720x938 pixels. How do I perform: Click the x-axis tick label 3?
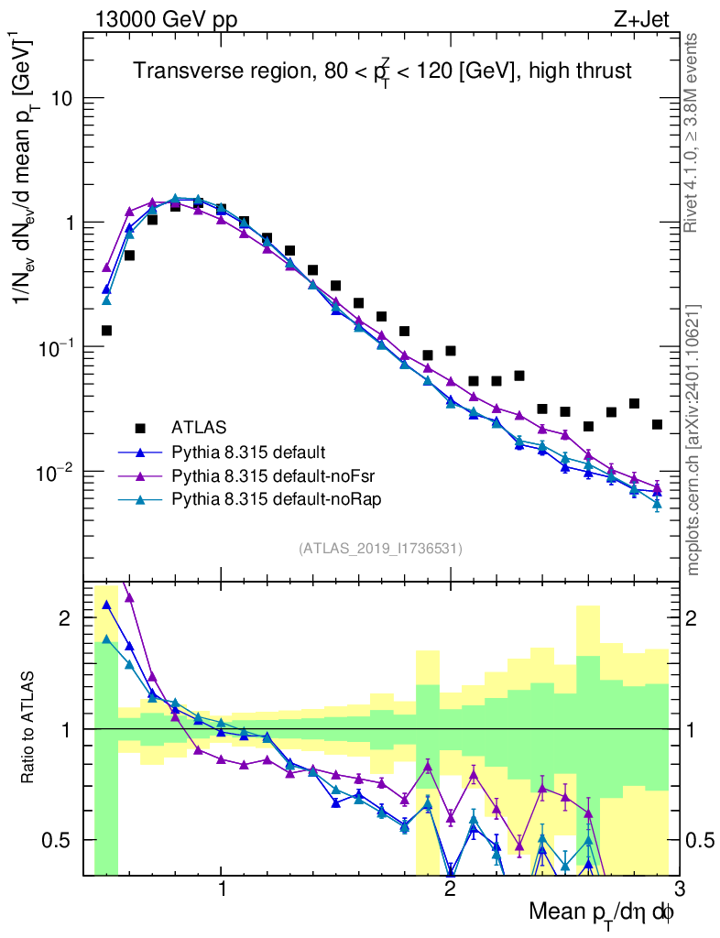(x=678, y=889)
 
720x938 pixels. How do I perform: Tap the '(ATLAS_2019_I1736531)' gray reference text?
(x=380, y=549)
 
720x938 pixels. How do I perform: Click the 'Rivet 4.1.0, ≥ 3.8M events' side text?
(x=693, y=133)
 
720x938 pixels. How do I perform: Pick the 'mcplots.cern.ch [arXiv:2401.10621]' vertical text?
(x=693, y=440)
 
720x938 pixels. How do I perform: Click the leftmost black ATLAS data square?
(x=106, y=331)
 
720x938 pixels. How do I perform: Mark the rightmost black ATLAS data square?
(x=657, y=424)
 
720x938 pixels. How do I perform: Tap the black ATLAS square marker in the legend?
(x=140, y=427)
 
